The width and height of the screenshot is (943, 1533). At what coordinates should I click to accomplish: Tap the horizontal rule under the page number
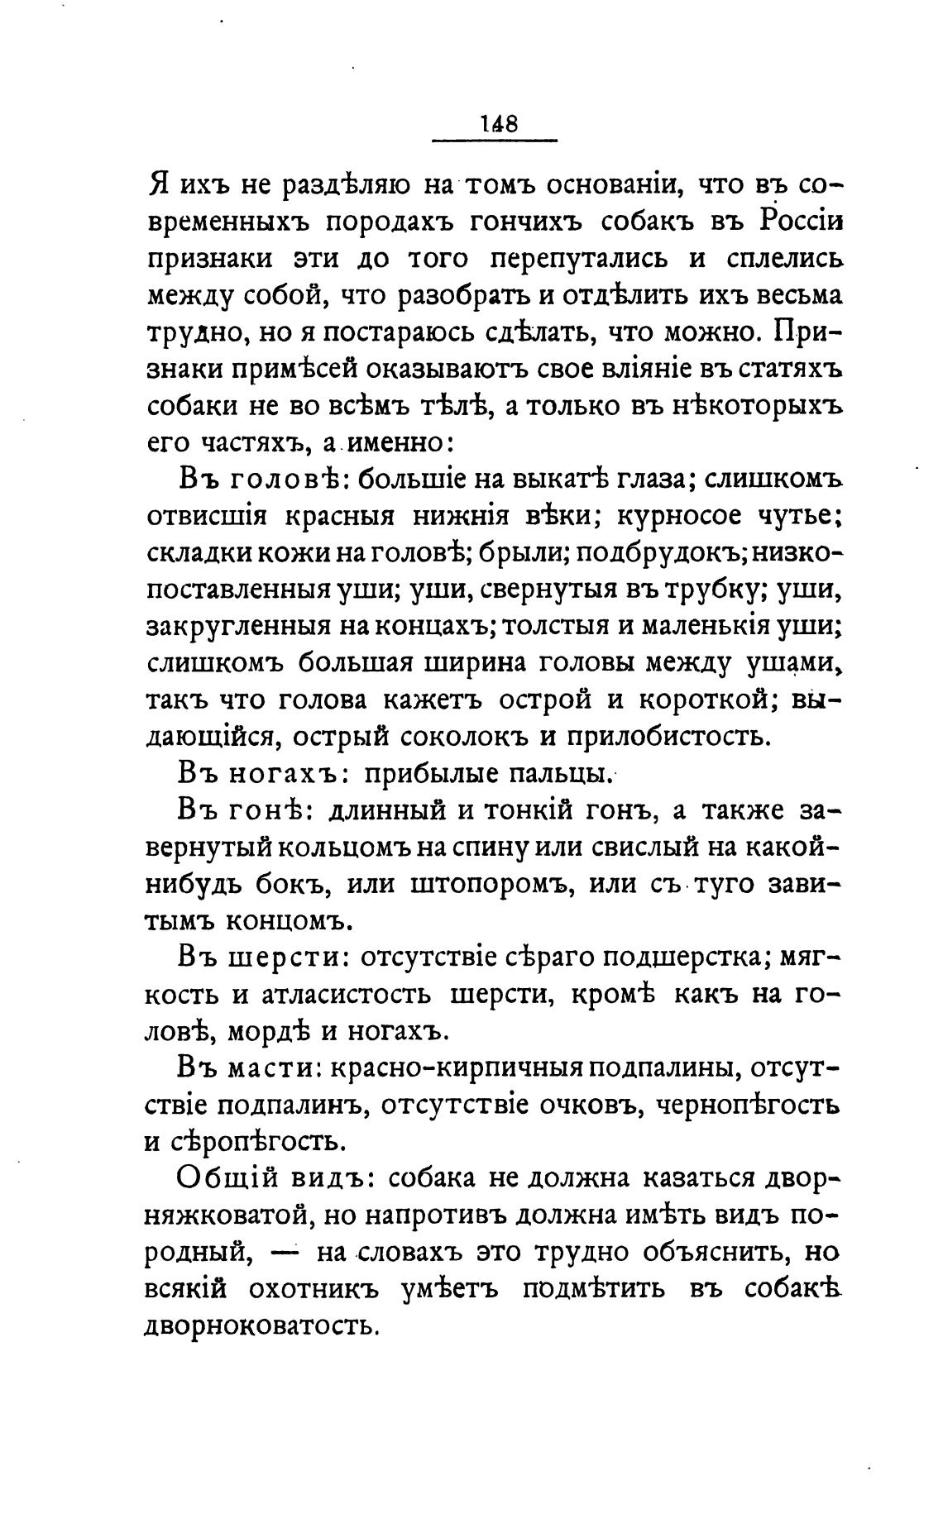click(495, 141)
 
